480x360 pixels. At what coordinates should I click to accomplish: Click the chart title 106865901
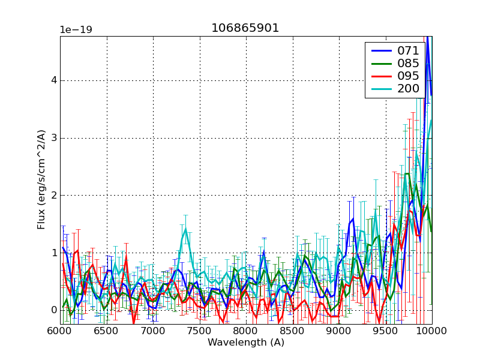click(245, 28)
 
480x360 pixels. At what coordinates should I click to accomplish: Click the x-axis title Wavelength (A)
click(245, 343)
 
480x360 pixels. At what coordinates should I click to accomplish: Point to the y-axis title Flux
click(41, 180)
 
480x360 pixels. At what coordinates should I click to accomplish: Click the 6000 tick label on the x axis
click(60, 331)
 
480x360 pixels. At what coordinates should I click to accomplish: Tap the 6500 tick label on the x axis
click(106, 331)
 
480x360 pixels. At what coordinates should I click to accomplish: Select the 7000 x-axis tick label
click(153, 331)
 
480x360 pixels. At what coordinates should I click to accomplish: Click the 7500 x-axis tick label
click(199, 331)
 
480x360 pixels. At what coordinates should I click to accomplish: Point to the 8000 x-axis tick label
click(246, 331)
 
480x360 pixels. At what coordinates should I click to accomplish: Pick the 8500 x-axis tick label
click(292, 331)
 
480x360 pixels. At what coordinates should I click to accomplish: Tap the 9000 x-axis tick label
click(339, 331)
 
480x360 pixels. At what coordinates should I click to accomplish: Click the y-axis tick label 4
click(53, 80)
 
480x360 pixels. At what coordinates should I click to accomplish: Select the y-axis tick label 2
click(53, 196)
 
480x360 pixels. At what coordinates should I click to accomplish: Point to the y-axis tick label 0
click(53, 310)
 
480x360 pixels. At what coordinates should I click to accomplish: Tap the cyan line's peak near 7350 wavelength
click(185, 228)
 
